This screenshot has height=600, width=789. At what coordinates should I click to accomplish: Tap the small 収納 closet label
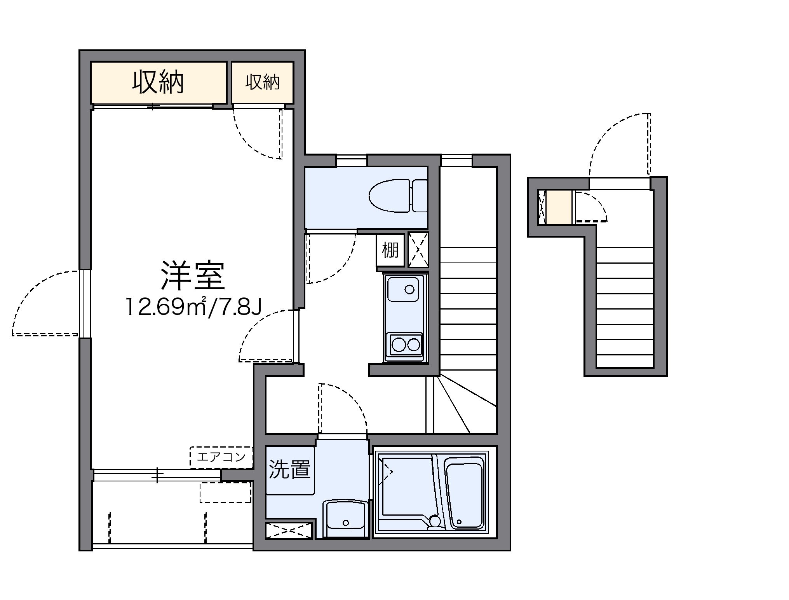(x=262, y=82)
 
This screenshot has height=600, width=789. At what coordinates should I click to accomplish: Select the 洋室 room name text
(x=193, y=276)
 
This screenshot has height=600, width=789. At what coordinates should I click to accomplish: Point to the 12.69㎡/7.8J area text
(x=193, y=307)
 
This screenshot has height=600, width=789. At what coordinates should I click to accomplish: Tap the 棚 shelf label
(x=390, y=250)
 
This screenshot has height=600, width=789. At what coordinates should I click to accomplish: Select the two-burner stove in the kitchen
(x=406, y=344)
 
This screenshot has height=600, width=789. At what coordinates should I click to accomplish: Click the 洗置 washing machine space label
(x=290, y=469)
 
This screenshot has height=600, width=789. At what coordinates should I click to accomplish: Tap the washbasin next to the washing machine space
(x=345, y=519)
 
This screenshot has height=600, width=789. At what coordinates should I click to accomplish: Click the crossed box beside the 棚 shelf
(x=418, y=250)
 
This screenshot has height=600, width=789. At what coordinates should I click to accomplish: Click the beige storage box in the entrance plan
(x=559, y=207)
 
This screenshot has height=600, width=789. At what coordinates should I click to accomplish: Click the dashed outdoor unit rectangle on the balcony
(x=225, y=492)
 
